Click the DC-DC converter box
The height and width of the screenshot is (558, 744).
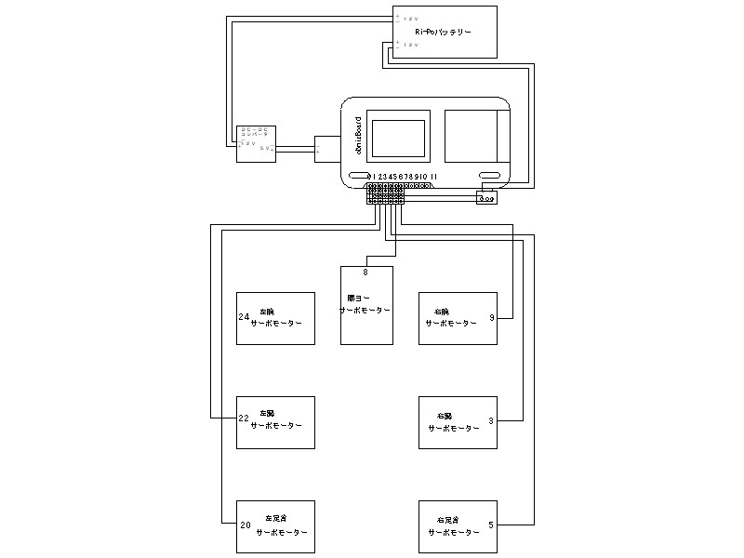[257, 143]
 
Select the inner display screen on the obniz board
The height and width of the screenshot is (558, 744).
[397, 135]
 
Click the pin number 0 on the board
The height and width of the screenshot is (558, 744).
[371, 176]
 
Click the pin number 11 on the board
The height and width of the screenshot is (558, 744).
[434, 176]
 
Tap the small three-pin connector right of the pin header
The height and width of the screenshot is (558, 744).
[486, 197]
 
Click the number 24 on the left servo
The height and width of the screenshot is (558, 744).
[244, 317]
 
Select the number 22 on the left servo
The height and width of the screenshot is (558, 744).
[244, 418]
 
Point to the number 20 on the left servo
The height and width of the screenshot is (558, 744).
[245, 525]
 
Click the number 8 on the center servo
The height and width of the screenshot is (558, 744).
[365, 272]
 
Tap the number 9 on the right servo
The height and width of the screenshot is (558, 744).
[491, 318]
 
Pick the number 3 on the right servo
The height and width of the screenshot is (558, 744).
[491, 420]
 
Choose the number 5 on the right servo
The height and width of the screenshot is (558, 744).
[491, 525]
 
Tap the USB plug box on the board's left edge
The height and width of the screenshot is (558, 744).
[327, 149]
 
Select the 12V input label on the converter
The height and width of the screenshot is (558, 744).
[249, 143]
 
